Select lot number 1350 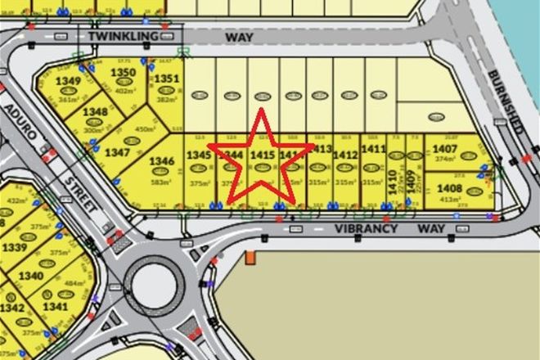click(122, 73)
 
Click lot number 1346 click(162, 161)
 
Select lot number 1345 click(199, 154)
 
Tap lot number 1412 click(346, 154)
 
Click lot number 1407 click(445, 149)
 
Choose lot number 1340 click(29, 276)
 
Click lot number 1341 click(56, 308)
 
